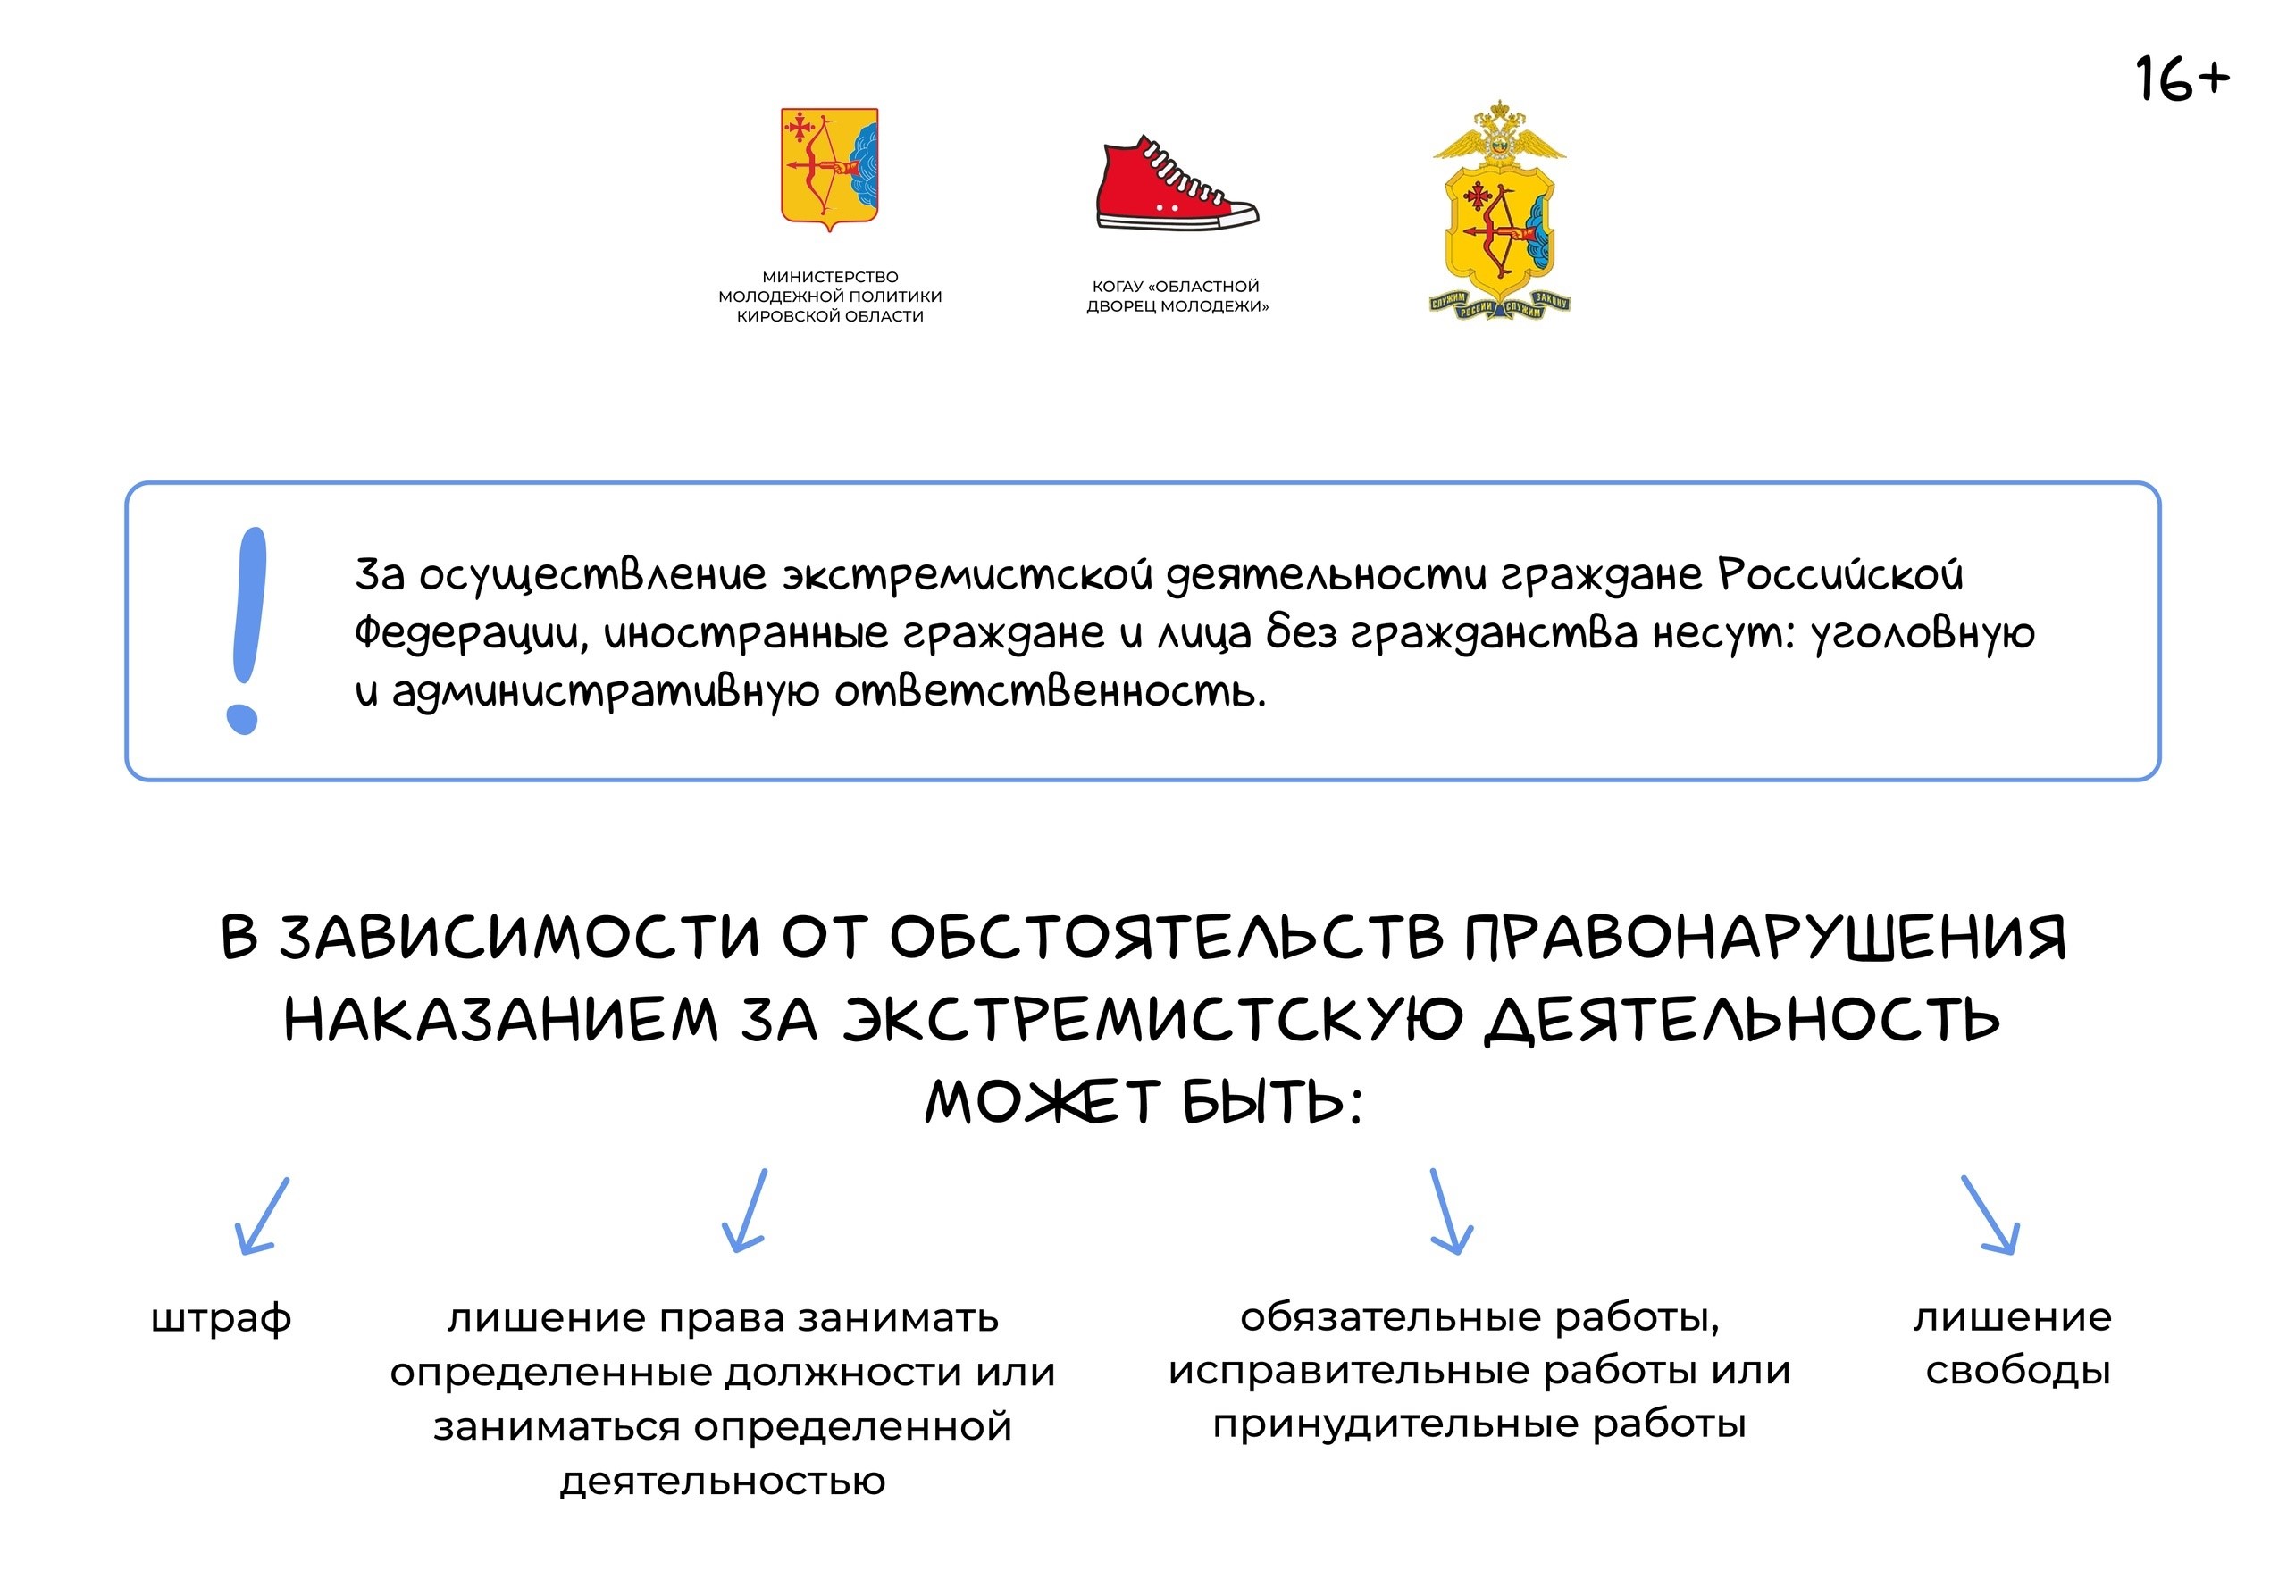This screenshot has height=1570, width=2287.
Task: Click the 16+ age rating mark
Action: pos(2182,79)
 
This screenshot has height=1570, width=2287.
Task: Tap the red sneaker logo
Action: pos(1177,183)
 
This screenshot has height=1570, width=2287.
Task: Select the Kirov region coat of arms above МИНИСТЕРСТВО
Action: pos(830,168)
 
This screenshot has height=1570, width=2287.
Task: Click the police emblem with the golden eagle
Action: pos(1499,210)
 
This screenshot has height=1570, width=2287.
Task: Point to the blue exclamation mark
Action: pos(246,631)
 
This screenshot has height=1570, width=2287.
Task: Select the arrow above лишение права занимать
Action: pos(744,1210)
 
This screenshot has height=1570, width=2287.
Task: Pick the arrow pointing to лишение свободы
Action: pos(1990,1215)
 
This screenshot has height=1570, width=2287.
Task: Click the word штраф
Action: pos(222,1319)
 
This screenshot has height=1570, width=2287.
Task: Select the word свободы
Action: pos(2018,1370)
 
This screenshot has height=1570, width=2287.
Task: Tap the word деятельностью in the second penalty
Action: pos(724,1481)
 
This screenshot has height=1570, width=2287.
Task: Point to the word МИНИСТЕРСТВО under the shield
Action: pos(830,277)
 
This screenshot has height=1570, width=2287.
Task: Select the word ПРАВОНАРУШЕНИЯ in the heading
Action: pos(1764,937)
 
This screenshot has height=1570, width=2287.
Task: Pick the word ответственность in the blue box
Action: pos(1050,691)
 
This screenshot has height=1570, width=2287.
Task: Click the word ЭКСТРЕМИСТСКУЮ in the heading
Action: pos(1152,1019)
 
